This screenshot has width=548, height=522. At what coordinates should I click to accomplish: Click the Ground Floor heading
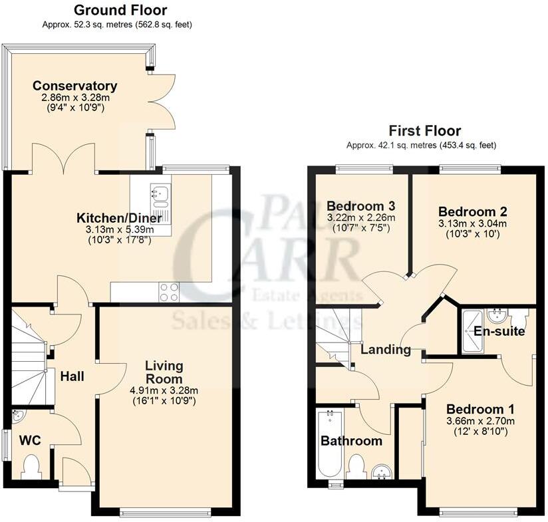[120, 10]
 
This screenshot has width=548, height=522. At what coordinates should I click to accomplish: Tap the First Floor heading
[425, 131]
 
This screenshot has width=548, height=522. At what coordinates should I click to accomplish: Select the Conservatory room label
[75, 86]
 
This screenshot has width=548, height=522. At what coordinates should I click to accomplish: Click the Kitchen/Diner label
[114, 218]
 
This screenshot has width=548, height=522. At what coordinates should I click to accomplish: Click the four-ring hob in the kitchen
[169, 290]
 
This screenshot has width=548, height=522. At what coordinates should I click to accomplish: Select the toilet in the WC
[31, 465]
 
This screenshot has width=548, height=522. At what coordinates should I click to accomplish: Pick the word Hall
[72, 376]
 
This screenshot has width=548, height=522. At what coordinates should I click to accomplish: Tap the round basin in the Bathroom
[382, 471]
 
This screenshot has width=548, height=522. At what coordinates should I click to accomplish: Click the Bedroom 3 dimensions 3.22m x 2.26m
[360, 217]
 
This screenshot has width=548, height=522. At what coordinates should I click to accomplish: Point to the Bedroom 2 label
[473, 211]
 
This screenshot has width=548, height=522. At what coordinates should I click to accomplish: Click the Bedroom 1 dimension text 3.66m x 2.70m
[479, 421]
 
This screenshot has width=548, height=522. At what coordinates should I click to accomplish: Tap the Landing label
[386, 349]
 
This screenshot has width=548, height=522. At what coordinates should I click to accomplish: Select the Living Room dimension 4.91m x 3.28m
[164, 390]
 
